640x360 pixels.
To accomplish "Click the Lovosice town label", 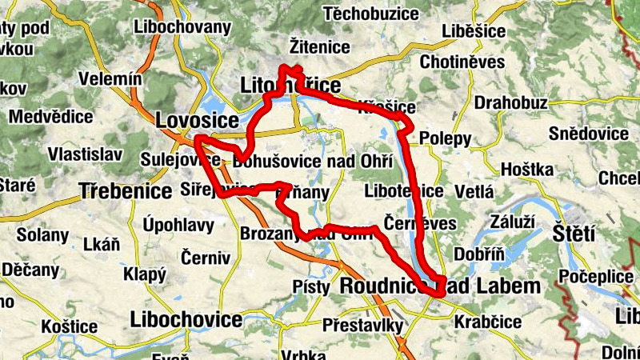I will (198, 121).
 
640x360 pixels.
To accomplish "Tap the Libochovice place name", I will (186, 320).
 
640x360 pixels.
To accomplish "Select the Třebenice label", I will (126, 191).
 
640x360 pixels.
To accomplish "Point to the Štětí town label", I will (574, 234).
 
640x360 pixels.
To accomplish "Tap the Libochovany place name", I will (183, 27).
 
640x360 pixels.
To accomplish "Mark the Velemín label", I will (110, 80).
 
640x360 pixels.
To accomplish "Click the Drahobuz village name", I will (510, 102).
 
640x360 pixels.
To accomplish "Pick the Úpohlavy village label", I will (178, 226).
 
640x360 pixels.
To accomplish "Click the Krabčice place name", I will (487, 322).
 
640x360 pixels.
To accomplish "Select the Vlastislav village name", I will (85, 154).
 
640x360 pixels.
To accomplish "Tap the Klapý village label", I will (144, 274).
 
